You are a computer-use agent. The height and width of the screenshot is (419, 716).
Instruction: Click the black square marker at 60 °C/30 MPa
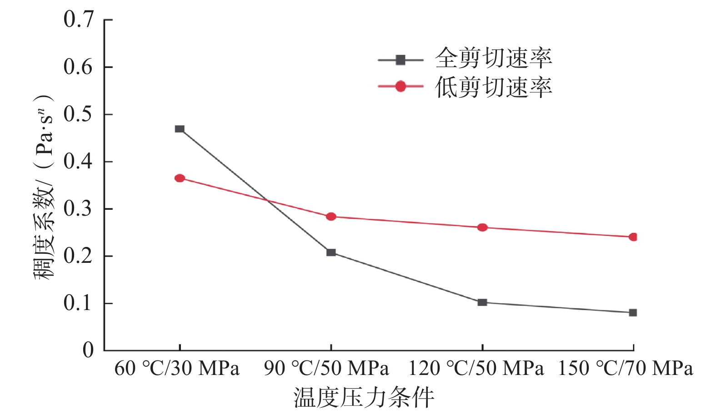[x=180, y=129]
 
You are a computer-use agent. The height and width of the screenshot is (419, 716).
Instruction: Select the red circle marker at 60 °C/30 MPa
[x=180, y=178]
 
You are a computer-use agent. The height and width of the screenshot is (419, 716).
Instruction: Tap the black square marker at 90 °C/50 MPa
[x=331, y=252]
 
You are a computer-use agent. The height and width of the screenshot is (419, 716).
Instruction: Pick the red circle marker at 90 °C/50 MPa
[x=331, y=217]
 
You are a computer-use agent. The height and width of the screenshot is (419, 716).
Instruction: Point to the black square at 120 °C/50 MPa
[x=482, y=302]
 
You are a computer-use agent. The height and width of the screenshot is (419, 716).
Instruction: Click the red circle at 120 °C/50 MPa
[x=482, y=227]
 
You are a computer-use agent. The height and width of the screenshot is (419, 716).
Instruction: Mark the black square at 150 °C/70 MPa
[x=633, y=313]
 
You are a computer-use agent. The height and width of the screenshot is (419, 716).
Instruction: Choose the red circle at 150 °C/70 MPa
[x=633, y=237]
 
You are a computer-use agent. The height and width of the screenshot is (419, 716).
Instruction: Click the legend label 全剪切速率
[x=494, y=58]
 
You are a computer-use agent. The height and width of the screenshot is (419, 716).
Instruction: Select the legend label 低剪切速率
[x=494, y=87]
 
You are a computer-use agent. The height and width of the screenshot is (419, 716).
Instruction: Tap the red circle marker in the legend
[x=401, y=86]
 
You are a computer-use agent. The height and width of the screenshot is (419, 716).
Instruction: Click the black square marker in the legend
[x=401, y=59]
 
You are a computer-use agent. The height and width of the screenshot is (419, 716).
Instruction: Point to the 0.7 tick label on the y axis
[x=78, y=20]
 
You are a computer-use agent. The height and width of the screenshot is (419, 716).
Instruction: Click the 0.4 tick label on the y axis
[x=78, y=161]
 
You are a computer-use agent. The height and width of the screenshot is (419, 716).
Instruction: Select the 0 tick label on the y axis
[x=88, y=350]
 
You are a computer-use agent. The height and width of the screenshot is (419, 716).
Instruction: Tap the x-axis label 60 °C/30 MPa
[x=177, y=369]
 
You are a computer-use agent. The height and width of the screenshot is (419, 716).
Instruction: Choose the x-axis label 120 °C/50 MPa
[x=476, y=369]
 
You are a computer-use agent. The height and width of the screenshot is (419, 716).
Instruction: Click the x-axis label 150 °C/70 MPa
[x=626, y=369]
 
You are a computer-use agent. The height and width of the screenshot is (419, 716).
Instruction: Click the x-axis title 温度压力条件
[x=364, y=398]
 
